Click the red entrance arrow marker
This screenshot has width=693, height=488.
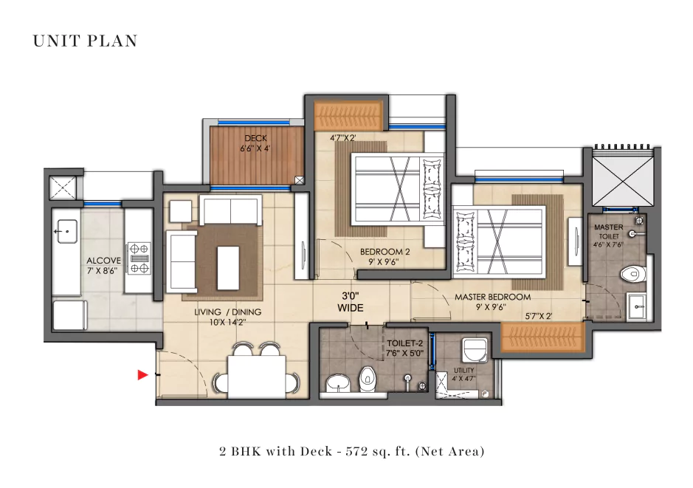tap(142, 376)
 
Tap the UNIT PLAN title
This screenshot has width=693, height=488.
tap(85, 41)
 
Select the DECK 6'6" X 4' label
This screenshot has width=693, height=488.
tap(255, 143)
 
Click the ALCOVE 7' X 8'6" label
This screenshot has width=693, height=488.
tap(103, 266)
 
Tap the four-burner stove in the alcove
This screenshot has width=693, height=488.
tap(139, 258)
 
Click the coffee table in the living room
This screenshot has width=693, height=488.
tap(229, 266)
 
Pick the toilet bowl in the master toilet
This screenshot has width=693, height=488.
tap(631, 274)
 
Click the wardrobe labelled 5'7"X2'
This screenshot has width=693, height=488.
tap(542, 337)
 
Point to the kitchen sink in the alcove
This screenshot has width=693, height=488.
tap(65, 230)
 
